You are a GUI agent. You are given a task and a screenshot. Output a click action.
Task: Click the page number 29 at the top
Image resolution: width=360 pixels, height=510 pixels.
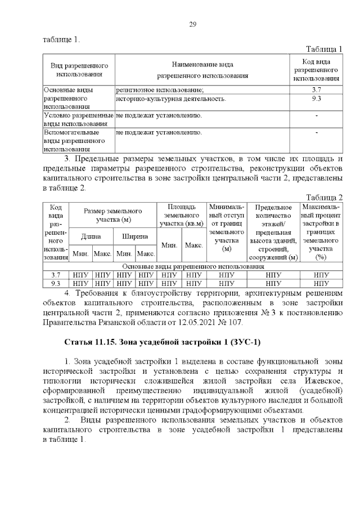click(192, 24)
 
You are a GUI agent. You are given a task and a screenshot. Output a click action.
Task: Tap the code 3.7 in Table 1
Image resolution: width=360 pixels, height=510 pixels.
click(316, 90)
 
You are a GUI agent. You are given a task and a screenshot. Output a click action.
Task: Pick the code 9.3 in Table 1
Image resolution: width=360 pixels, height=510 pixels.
click(316, 99)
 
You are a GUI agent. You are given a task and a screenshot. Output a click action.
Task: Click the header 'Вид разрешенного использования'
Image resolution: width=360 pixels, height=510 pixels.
click(79, 70)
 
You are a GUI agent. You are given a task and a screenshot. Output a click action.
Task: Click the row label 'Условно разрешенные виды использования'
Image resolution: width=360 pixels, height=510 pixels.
click(79, 119)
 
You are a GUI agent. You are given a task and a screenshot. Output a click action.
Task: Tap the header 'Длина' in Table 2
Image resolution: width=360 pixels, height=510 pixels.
click(92, 236)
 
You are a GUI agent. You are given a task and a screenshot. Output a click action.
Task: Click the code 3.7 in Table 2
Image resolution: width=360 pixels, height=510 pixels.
click(56, 275)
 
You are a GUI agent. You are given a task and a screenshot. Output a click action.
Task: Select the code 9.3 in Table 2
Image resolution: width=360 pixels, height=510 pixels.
click(56, 283)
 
